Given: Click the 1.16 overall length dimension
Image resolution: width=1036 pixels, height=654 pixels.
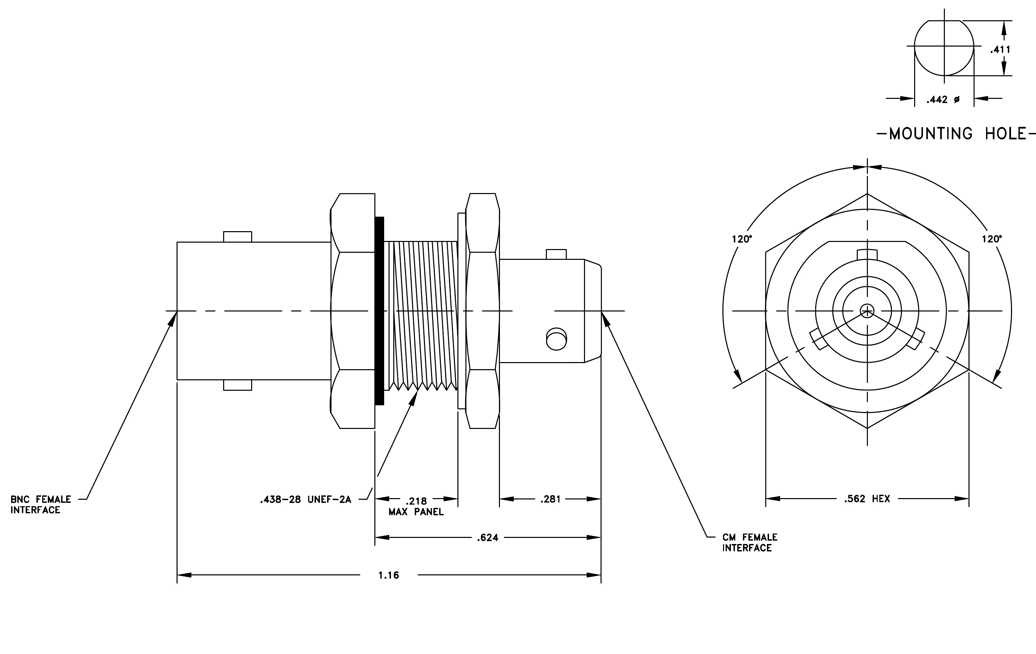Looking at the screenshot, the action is [389, 575].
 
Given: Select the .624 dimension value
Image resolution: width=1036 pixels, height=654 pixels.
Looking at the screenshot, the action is [487, 538].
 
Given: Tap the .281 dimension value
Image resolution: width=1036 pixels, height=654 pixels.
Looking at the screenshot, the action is [550, 499].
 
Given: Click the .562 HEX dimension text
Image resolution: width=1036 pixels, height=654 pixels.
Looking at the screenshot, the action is [867, 499].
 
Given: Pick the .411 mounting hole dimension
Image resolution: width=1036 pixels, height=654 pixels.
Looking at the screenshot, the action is [1000, 50].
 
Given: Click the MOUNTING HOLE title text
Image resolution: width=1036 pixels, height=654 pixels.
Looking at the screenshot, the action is [956, 134].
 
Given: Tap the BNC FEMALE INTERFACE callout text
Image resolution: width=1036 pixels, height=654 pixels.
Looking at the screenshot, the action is [41, 505].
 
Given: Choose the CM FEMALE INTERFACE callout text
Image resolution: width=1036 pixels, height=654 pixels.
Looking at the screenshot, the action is [750, 543].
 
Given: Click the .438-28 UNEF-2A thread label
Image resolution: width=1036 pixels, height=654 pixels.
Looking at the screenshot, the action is [306, 500].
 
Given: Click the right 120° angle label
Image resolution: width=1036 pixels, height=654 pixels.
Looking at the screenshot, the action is [992, 239].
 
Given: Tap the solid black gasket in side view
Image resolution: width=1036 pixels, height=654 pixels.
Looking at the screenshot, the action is [379, 311].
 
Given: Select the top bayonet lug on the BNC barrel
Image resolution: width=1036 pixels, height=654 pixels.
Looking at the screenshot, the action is [238, 237].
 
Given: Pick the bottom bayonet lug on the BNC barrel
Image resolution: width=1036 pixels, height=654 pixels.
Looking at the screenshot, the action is [238, 385].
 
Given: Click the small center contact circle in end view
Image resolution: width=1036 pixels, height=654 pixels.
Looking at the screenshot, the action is [867, 311].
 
